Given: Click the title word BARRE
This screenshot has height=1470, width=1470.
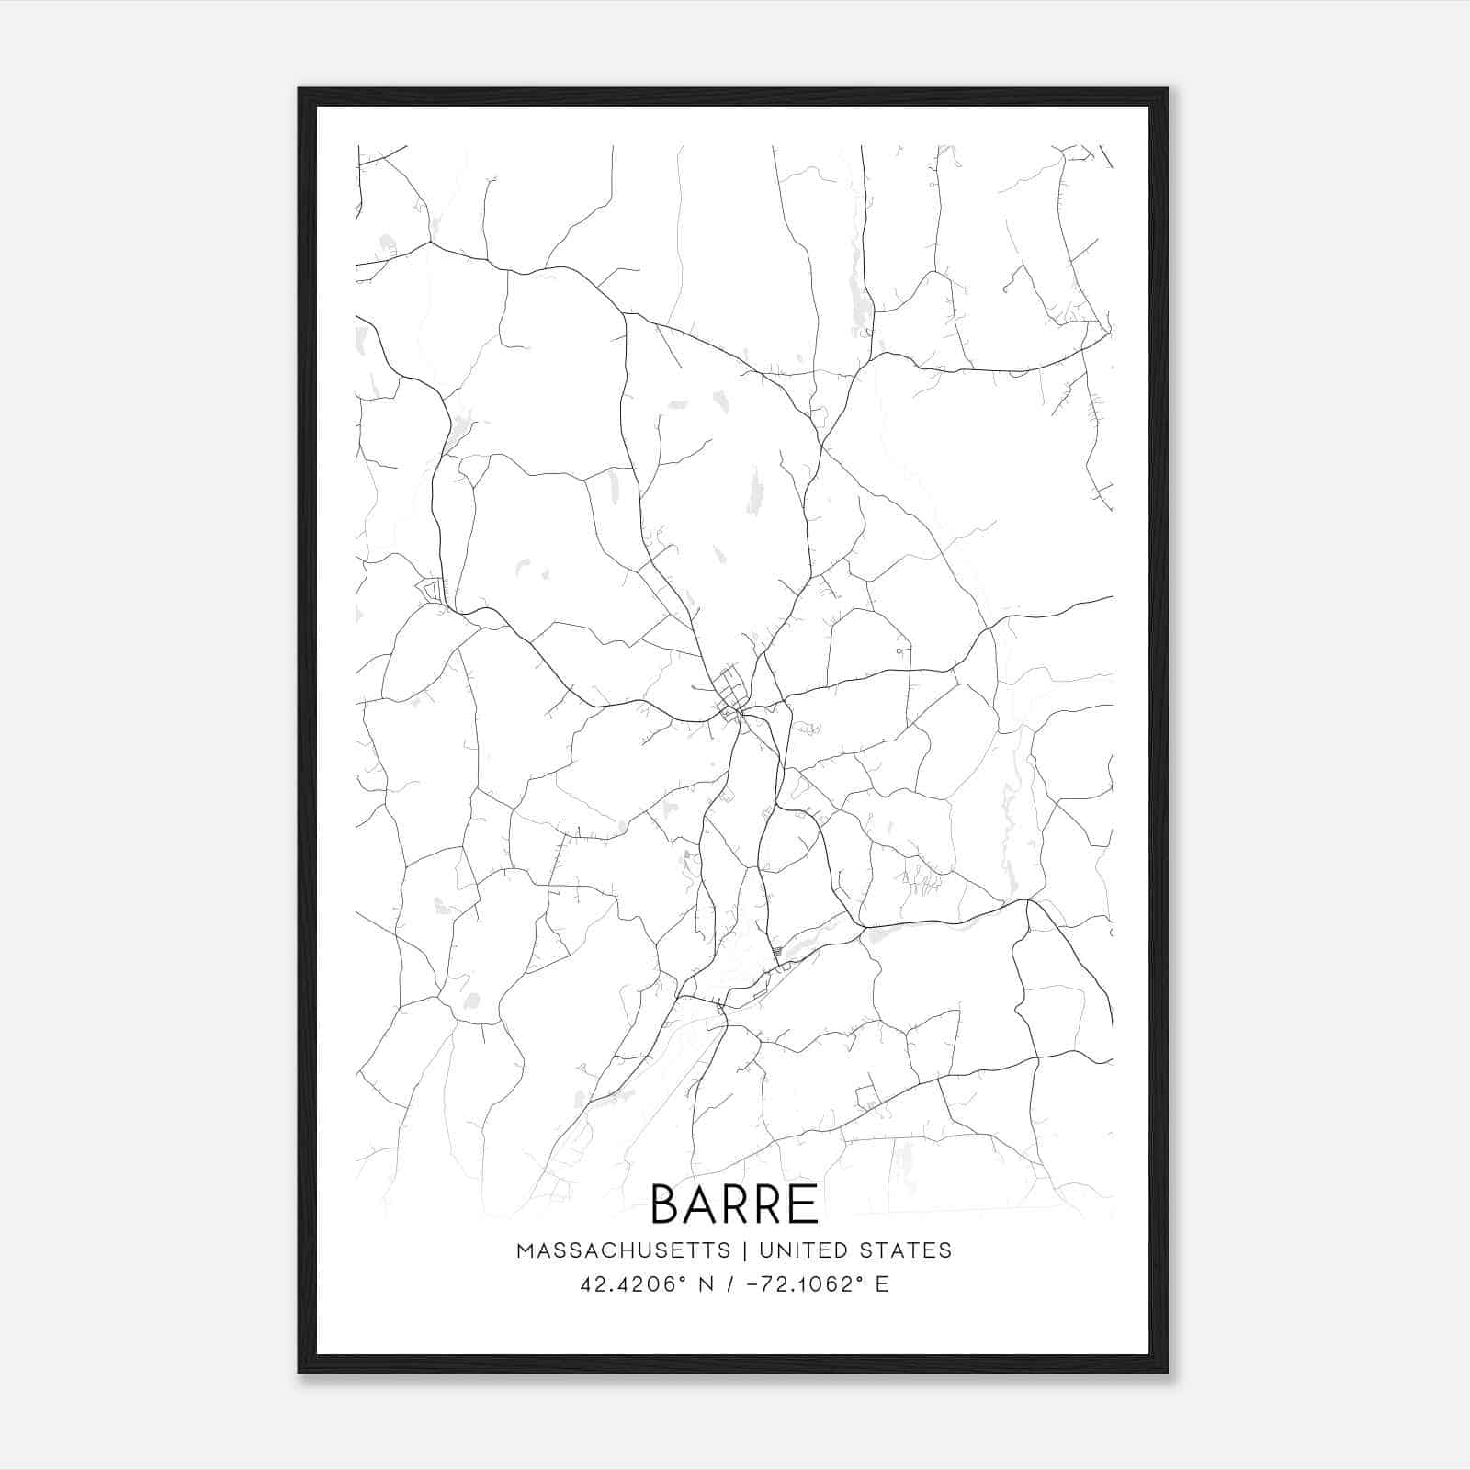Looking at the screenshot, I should (x=734, y=1204).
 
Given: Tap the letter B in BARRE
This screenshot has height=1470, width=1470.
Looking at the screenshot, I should (x=664, y=1204).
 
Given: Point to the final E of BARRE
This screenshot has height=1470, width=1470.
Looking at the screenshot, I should (x=805, y=1204).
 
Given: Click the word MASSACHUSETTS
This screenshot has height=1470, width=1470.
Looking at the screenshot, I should (x=623, y=1250).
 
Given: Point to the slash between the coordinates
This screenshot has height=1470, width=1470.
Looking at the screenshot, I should (x=730, y=1284).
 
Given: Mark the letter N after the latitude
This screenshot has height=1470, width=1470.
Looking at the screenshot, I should (x=707, y=1284).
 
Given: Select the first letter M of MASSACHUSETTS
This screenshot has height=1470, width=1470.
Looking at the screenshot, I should (x=525, y=1250).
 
